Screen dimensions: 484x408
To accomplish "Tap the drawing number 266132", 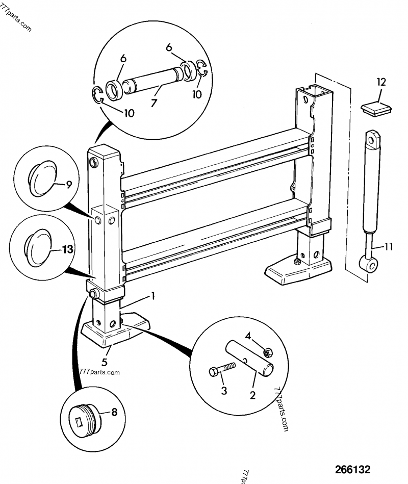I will [352, 469].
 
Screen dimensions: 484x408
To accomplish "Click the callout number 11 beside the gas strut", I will [388, 247].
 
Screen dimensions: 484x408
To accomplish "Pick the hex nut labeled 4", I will [266, 352].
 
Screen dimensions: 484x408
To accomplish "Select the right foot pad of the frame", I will [300, 272].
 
